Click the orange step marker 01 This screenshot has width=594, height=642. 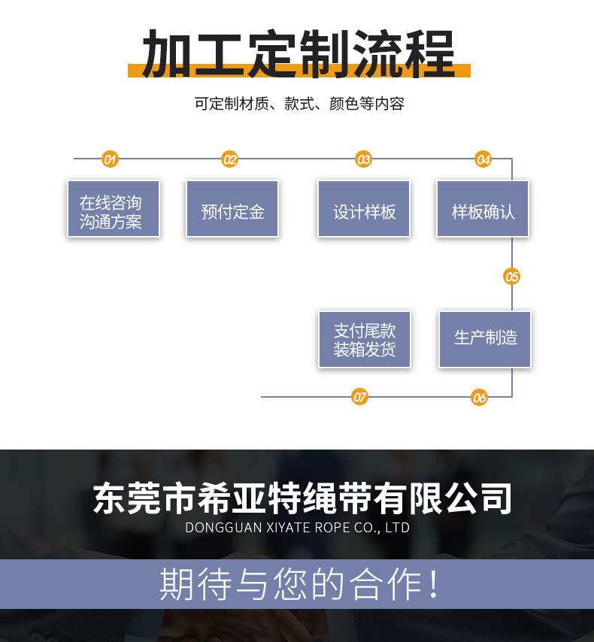click(111, 159)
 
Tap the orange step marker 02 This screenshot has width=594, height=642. click(230, 159)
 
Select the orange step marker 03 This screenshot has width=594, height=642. click(364, 159)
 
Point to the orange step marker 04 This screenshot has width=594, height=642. click(483, 159)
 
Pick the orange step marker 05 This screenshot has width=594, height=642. click(512, 277)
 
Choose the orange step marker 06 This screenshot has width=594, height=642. click(480, 398)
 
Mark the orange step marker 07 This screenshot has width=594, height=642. click(360, 397)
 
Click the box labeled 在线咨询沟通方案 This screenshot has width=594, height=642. click(114, 209)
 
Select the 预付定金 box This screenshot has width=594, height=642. click(232, 209)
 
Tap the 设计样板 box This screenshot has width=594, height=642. click(364, 209)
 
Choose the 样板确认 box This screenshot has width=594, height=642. click(483, 209)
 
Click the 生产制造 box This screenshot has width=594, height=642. click(485, 339)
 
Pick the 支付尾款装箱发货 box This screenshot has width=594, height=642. click(365, 339)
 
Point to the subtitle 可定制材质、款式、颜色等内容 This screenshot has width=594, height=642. click(299, 104)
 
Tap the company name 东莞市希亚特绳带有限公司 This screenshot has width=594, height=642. click(303, 498)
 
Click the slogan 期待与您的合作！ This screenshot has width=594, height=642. click(299, 584)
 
